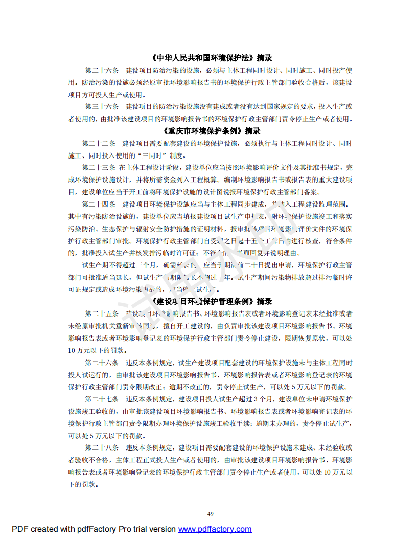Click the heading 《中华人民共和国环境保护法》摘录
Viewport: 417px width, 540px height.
tap(208, 58)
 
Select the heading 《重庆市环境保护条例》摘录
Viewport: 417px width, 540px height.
tap(208, 131)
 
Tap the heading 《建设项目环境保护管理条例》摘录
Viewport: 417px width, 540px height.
tap(208, 301)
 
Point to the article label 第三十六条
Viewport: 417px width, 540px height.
tap(102, 106)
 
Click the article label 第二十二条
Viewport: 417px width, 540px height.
tap(99, 143)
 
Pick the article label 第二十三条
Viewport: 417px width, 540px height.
tap(99, 167)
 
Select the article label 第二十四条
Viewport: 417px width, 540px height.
tap(99, 204)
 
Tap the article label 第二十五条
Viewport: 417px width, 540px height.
tap(102, 313)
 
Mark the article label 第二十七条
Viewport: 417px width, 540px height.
tap(102, 399)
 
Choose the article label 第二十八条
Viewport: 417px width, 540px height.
tap(102, 447)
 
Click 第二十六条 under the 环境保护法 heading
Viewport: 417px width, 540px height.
tap(102, 70)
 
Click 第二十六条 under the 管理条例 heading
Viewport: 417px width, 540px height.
tap(102, 363)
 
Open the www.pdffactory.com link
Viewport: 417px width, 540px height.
tap(215, 529)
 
